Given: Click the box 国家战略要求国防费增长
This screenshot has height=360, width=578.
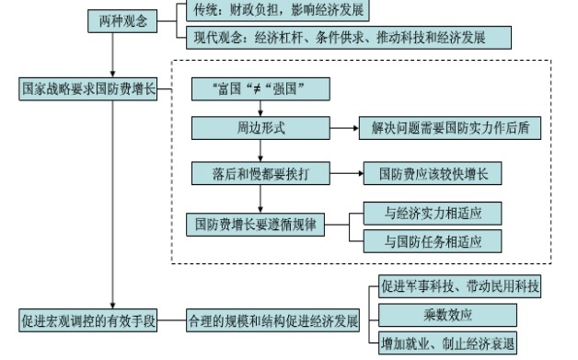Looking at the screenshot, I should point(90,90).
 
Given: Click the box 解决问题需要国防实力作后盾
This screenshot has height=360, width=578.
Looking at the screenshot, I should point(449,126).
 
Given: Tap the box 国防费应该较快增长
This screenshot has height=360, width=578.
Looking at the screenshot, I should point(430,173).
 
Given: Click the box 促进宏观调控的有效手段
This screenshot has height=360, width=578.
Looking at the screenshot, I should point(90,320).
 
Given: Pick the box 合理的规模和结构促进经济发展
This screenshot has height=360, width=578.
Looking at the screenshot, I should point(273,320).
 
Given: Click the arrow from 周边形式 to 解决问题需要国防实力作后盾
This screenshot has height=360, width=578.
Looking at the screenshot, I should point(342,126).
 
